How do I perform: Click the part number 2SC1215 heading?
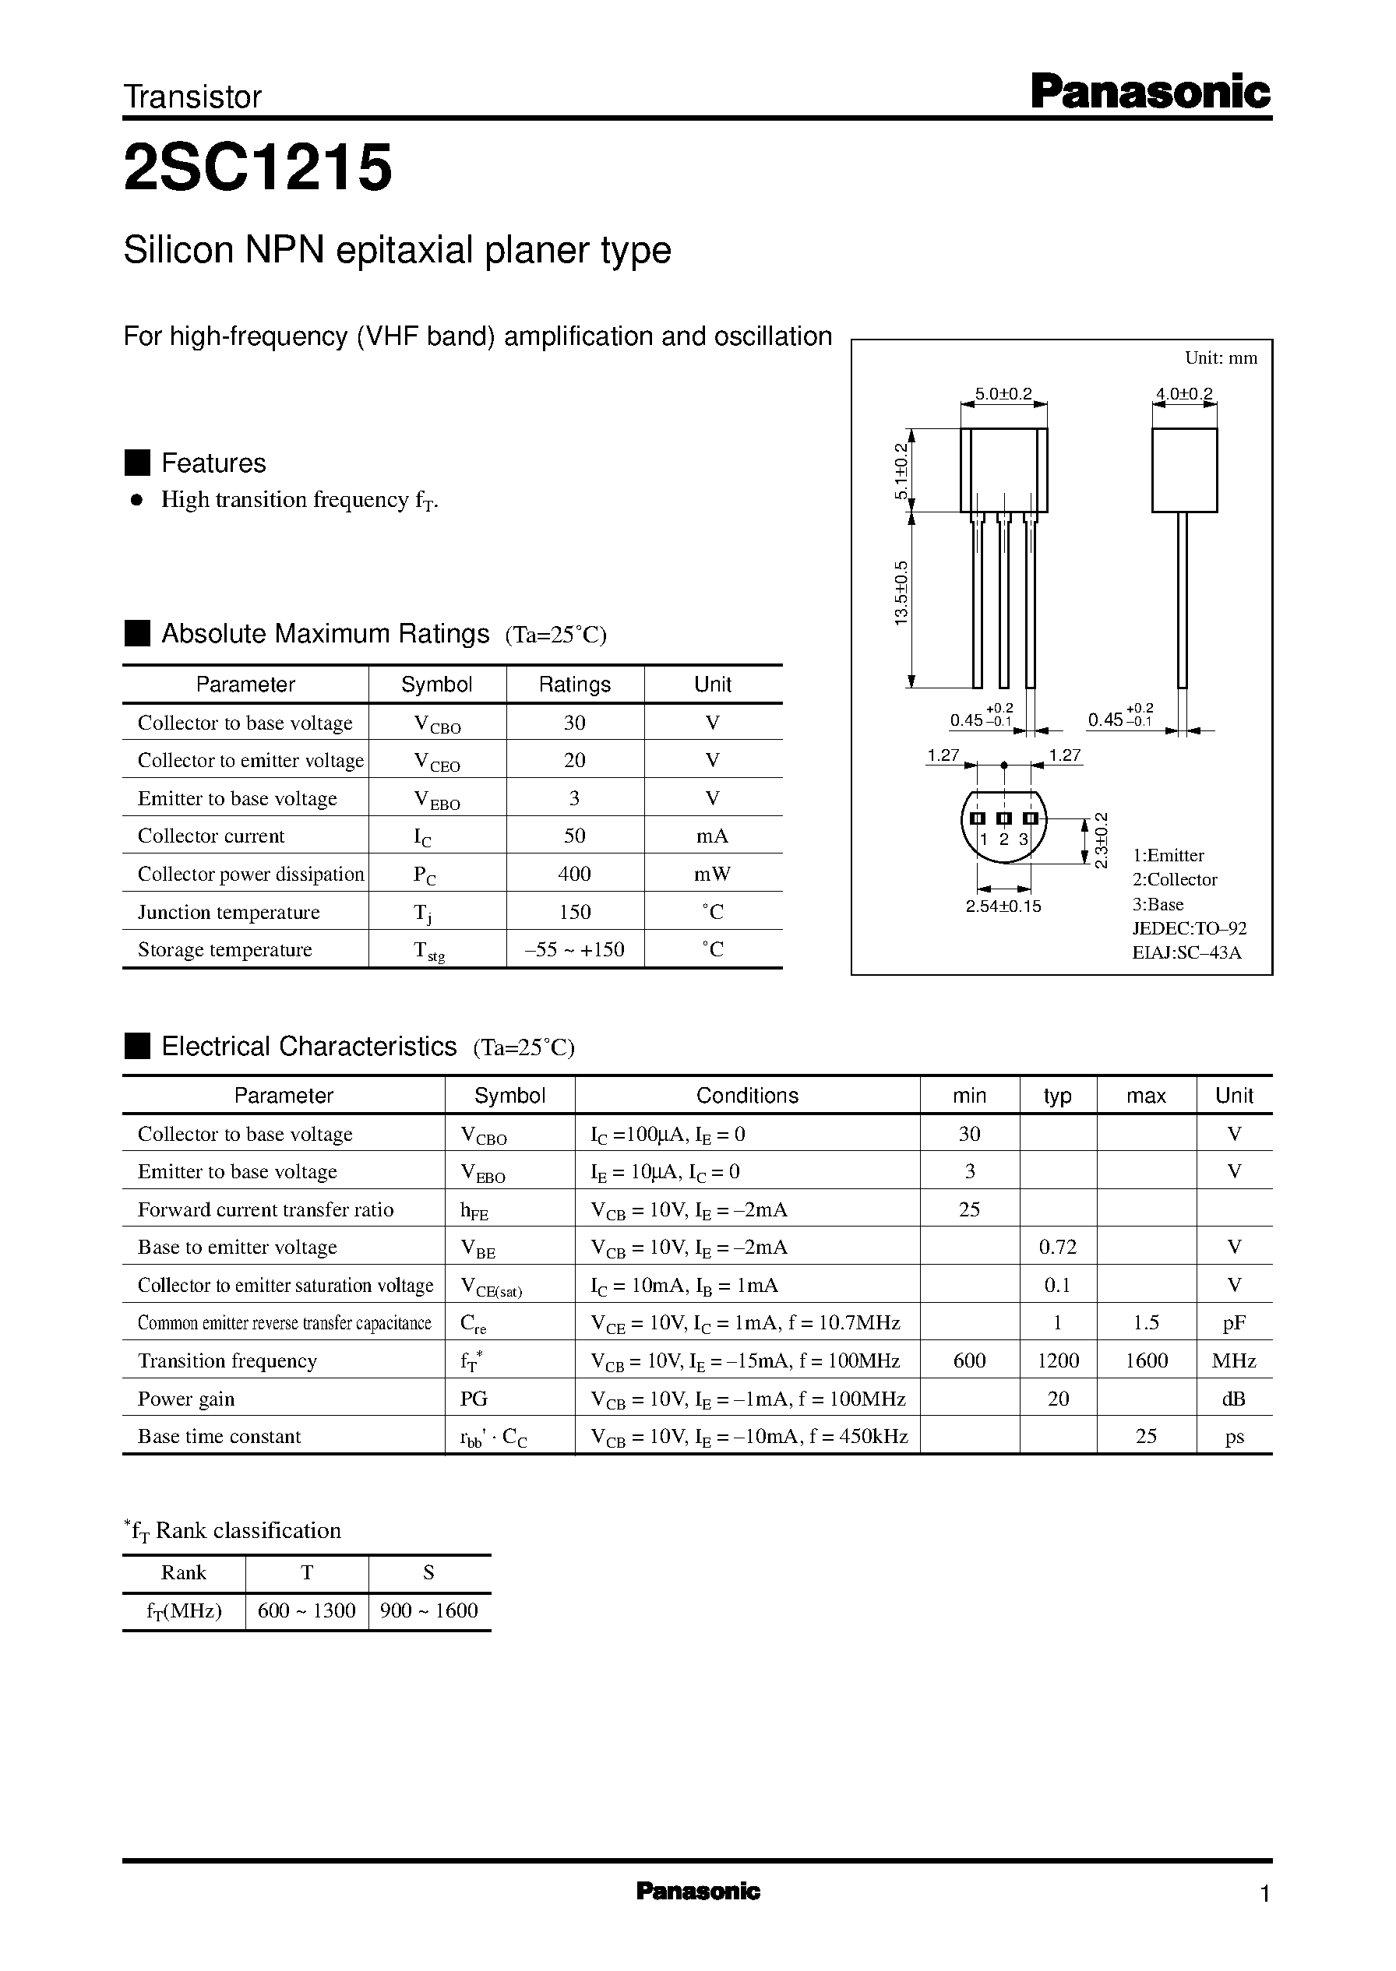[258, 167]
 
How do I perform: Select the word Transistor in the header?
[192, 97]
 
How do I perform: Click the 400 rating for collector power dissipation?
[574, 874]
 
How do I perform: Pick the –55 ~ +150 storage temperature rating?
[574, 949]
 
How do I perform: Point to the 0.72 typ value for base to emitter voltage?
[1057, 1247]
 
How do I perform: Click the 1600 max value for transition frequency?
[1146, 1360]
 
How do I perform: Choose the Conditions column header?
[747, 1096]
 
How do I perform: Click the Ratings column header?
[574, 685]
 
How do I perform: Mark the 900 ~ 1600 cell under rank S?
[429, 1610]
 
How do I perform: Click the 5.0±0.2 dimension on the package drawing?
[1003, 394]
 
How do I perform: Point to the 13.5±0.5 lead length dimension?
[901, 593]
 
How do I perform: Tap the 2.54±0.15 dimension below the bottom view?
[1003, 906]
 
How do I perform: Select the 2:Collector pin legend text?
[1174, 879]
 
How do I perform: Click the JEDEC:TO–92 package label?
[1189, 928]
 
